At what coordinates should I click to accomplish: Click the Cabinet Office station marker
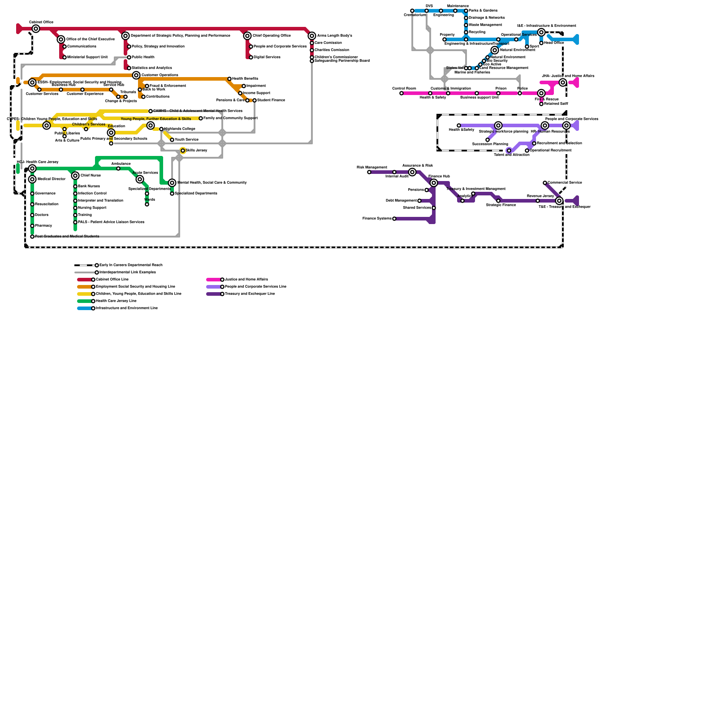pyautogui.click(x=36, y=29)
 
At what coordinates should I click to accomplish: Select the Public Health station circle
pyautogui.click(x=129, y=57)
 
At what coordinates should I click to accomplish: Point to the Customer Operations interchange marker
pyautogui.click(x=136, y=75)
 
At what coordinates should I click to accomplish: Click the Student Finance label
pyautogui.click(x=271, y=100)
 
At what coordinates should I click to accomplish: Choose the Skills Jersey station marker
pyautogui.click(x=183, y=151)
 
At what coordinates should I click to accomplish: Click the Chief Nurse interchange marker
pyautogui.click(x=75, y=176)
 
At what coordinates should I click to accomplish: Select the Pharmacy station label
pyautogui.click(x=43, y=226)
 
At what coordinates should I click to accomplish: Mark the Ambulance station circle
pyautogui.click(x=118, y=168)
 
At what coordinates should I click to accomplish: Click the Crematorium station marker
pyautogui.click(x=412, y=11)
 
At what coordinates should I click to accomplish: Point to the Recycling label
pyautogui.click(x=477, y=32)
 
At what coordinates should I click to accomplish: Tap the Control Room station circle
pyautogui.click(x=402, y=93)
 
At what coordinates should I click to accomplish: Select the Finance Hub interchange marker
pyautogui.click(x=434, y=183)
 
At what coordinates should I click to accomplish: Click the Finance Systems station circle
pyautogui.click(x=394, y=219)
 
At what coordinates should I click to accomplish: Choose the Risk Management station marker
pyautogui.click(x=369, y=172)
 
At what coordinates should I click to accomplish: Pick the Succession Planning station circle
pyautogui.click(x=488, y=140)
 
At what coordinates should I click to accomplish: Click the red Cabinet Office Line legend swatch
pyautogui.click(x=84, y=280)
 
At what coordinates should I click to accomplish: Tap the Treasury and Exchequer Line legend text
pyautogui.click(x=250, y=294)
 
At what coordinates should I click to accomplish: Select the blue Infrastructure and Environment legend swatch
pyautogui.click(x=84, y=308)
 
